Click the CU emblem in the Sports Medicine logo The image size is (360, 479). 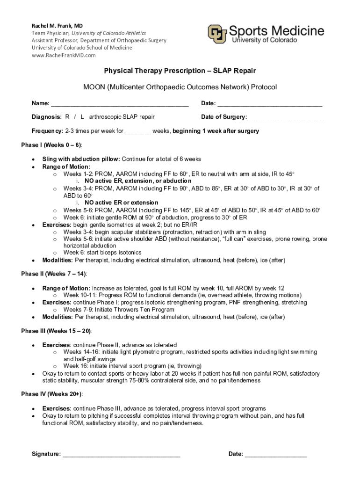click(x=218, y=34)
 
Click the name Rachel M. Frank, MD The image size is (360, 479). click(x=57, y=25)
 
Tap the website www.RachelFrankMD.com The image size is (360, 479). click(x=64, y=55)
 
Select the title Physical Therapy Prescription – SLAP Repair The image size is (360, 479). click(x=180, y=71)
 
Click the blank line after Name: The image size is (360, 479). click(x=119, y=104)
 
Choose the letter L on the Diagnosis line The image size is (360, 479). click(x=82, y=117)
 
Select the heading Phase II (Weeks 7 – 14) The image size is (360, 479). click(x=54, y=274)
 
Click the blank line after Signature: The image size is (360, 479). click(x=122, y=455)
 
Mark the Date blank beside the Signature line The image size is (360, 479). click(x=276, y=455)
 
